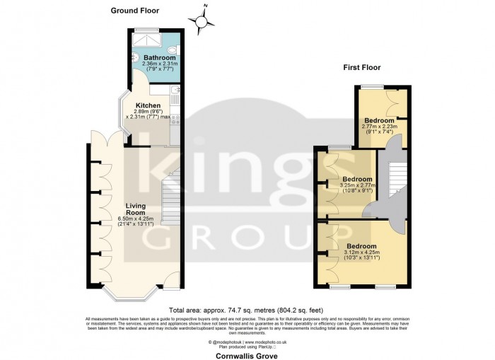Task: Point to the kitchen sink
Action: (x=174, y=91)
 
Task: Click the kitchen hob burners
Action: (x=174, y=120)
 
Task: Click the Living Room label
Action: (x=136, y=209)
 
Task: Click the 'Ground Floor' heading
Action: (x=135, y=11)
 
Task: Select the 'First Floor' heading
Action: (x=362, y=68)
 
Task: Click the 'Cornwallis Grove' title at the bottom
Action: (x=248, y=356)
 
